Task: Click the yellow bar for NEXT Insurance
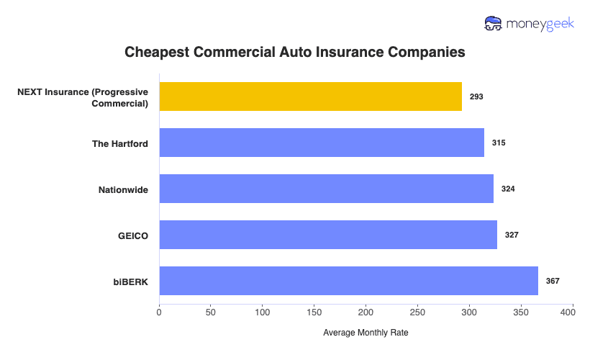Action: (x=310, y=96)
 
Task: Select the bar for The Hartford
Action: (x=322, y=143)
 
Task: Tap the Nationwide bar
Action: (x=326, y=189)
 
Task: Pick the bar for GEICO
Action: (x=328, y=235)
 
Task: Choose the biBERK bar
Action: (x=348, y=281)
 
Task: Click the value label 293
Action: (x=476, y=96)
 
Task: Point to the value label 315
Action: (x=499, y=143)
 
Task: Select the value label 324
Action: (x=508, y=189)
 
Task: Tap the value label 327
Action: (x=512, y=235)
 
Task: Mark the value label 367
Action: (x=553, y=281)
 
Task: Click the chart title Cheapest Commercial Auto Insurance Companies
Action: (x=295, y=53)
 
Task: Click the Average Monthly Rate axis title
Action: (x=366, y=333)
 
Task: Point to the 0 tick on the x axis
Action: (x=159, y=313)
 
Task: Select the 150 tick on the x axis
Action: (x=314, y=313)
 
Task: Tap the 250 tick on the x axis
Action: (x=417, y=313)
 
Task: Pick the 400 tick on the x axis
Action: (x=573, y=313)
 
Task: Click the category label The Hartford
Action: (x=120, y=143)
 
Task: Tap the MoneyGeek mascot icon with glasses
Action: (x=494, y=24)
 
